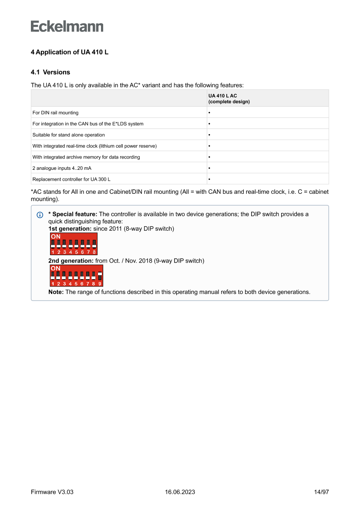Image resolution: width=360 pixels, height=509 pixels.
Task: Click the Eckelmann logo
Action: point(67,26)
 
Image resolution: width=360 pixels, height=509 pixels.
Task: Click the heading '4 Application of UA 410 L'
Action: point(70,52)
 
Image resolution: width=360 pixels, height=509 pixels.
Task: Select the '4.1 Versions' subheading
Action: point(50,72)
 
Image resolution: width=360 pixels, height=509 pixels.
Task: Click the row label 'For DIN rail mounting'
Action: point(56,113)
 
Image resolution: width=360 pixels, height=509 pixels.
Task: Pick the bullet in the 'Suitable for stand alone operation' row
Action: point(209,135)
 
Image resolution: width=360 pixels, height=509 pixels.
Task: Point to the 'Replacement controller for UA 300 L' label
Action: point(71,179)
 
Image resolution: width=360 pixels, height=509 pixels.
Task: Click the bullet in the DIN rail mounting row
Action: point(209,113)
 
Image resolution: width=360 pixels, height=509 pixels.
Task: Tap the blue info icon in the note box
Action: point(40,215)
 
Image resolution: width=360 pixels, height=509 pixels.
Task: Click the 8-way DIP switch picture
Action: point(73,244)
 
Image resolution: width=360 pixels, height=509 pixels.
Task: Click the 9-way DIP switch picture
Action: point(76,276)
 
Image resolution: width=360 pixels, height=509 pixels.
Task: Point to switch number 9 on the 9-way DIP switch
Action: point(100,277)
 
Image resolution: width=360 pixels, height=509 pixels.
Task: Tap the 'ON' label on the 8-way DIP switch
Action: point(55,236)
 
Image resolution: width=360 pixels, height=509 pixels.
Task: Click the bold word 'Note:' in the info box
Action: point(56,292)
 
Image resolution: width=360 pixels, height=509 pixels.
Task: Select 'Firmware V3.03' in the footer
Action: point(52,492)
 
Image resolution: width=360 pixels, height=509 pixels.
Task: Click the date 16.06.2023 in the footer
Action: point(180,492)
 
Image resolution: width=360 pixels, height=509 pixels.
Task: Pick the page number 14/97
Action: point(321,492)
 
